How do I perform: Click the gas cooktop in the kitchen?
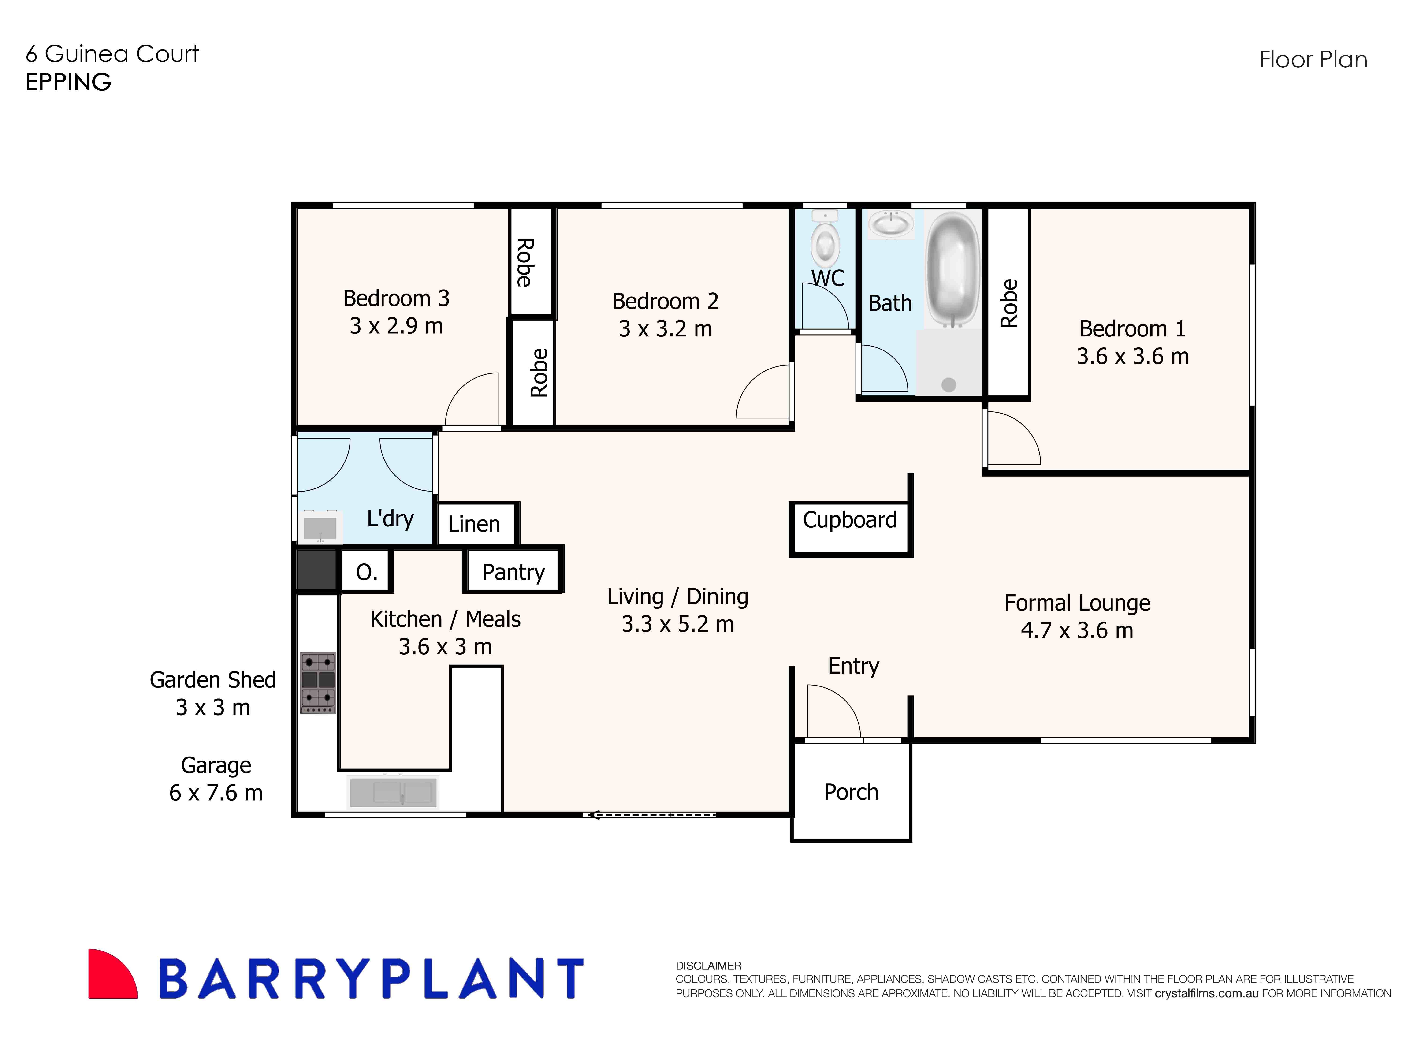click(x=318, y=682)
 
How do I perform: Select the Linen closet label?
click(x=474, y=524)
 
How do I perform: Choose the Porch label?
click(x=851, y=792)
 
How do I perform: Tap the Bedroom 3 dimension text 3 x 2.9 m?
click(x=396, y=326)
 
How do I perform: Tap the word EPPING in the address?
click(x=68, y=82)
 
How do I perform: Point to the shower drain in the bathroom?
click(x=948, y=384)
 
